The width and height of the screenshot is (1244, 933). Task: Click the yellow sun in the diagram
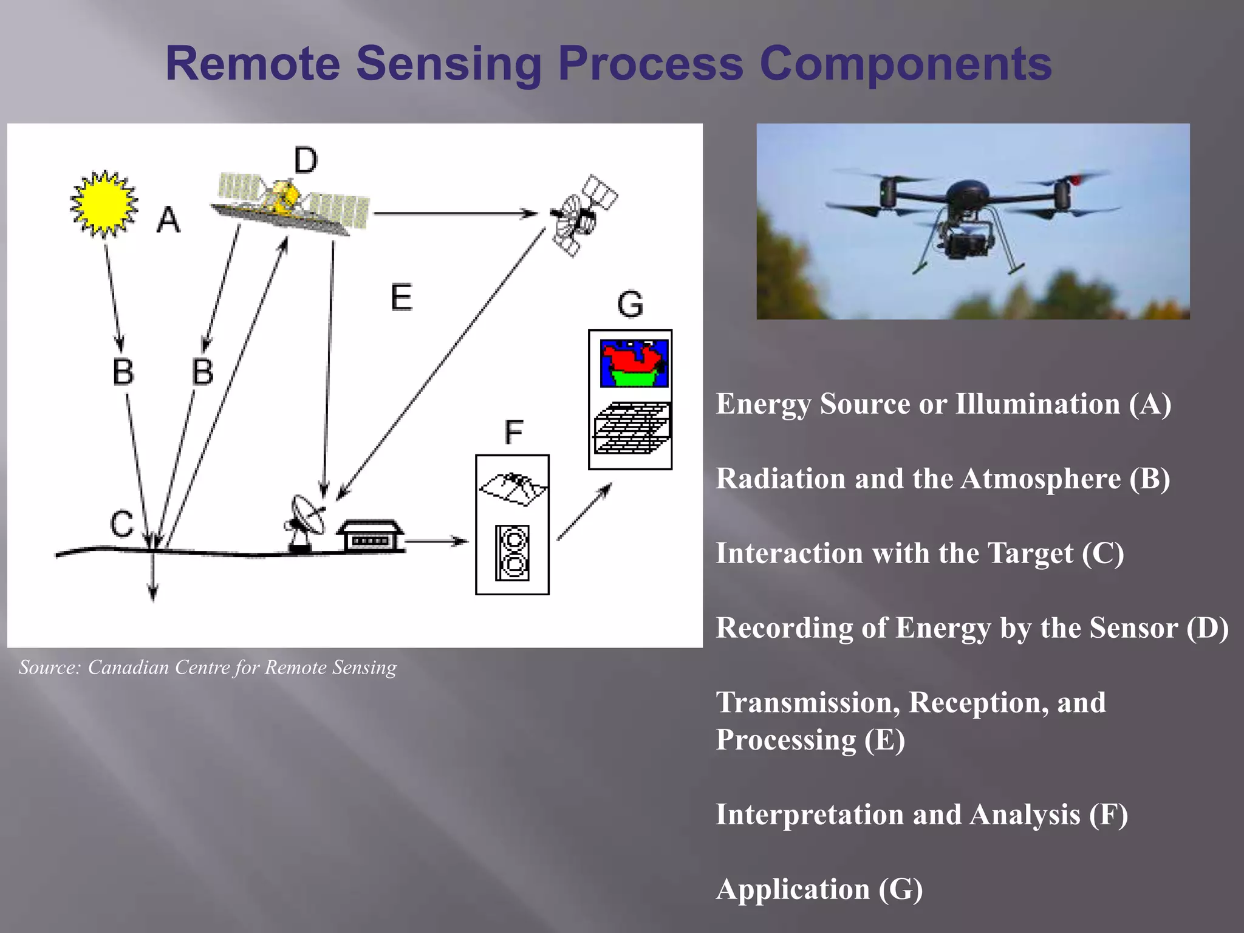104,203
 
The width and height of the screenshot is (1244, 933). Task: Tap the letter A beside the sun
168,219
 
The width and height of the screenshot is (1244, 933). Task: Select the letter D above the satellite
306,161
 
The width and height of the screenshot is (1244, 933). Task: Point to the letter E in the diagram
401,298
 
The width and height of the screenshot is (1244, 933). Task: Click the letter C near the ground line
121,524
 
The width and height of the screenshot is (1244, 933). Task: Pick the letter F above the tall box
513,432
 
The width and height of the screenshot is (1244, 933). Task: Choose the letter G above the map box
630,304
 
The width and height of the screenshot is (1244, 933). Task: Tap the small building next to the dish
371,536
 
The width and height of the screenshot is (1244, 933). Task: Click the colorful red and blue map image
634,363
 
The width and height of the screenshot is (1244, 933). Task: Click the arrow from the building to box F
436,541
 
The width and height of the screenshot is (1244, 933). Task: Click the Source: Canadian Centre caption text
207,668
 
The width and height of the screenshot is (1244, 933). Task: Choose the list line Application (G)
819,889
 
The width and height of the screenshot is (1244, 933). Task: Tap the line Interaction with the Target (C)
920,553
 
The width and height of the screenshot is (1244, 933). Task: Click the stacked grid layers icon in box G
632,428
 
